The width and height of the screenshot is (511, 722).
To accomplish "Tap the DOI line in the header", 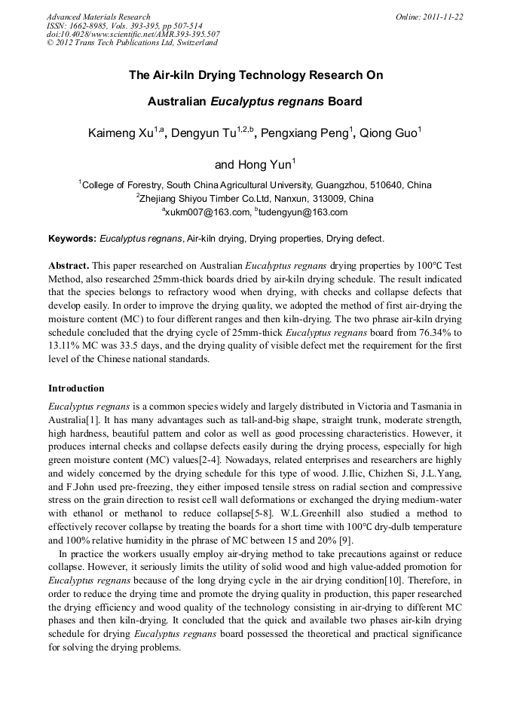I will point(133,34).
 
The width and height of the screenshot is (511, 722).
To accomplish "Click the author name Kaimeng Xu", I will point(121,134).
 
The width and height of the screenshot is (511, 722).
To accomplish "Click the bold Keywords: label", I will point(72,239).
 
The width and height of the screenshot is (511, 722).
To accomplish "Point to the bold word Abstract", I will point(69,267).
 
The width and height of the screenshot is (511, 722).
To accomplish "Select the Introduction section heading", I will point(76,388).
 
